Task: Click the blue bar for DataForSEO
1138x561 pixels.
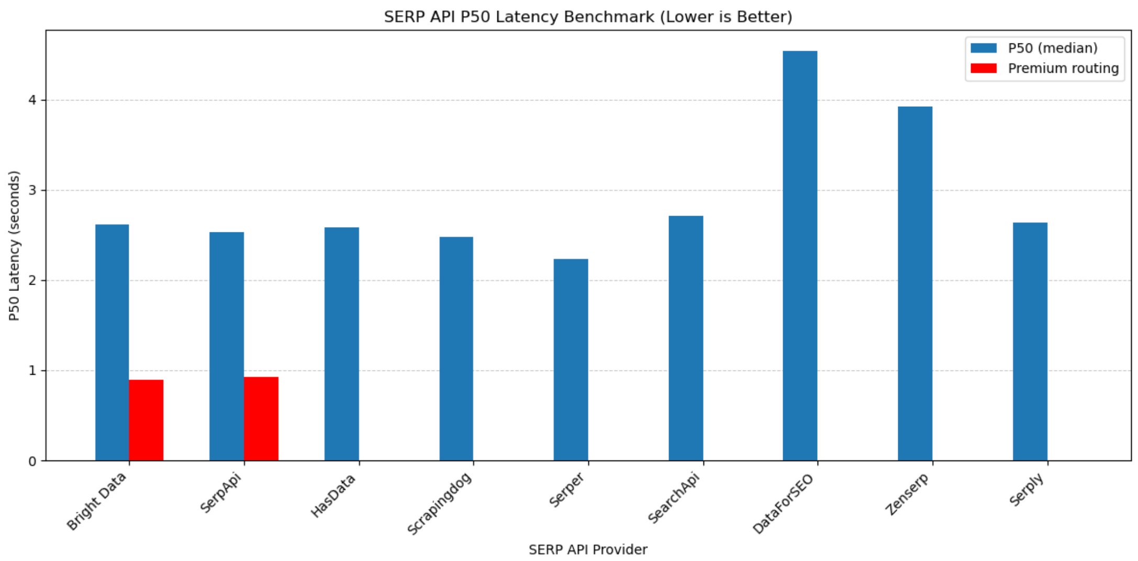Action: (x=799, y=256)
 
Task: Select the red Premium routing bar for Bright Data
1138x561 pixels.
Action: (x=146, y=420)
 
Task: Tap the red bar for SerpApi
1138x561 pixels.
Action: (x=261, y=419)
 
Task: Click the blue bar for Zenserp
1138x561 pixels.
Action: (x=914, y=284)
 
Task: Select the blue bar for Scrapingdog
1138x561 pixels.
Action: (x=456, y=349)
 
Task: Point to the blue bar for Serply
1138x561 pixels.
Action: (x=1030, y=342)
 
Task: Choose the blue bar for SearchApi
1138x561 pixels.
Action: (x=685, y=339)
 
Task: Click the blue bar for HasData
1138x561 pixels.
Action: (x=341, y=344)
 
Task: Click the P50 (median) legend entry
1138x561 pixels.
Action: (x=1052, y=48)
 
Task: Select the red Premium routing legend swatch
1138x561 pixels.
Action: (x=983, y=69)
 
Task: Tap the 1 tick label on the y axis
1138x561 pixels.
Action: (x=32, y=371)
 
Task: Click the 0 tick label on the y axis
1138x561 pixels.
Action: (x=32, y=461)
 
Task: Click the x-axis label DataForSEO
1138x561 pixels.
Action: (x=783, y=503)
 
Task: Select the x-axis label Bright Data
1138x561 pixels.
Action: (x=96, y=501)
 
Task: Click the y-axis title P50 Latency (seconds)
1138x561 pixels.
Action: (x=14, y=246)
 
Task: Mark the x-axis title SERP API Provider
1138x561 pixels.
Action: (x=587, y=549)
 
